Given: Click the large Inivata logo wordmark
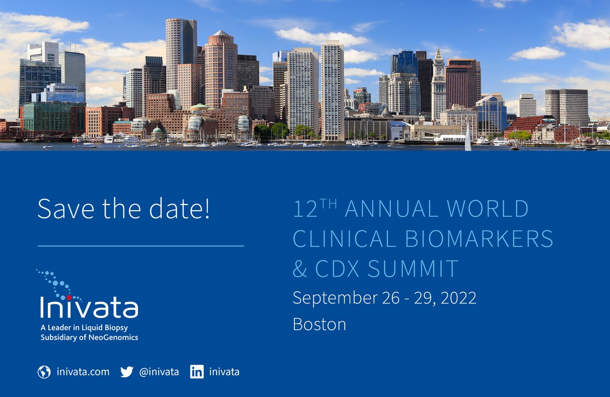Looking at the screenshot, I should coord(89,307).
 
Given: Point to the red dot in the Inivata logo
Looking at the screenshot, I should coord(69,297).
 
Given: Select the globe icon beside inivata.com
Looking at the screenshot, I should coord(44,372).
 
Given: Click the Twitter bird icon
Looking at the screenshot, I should coord(127,372).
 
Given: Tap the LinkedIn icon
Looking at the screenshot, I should coord(197,372).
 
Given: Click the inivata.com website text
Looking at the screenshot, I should coord(83,372).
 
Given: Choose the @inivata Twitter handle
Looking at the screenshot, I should coord(159,372).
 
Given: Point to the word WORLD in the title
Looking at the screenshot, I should coord(493,209).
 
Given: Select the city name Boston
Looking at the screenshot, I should coord(319,325).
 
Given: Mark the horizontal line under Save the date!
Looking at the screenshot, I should coord(141,246).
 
